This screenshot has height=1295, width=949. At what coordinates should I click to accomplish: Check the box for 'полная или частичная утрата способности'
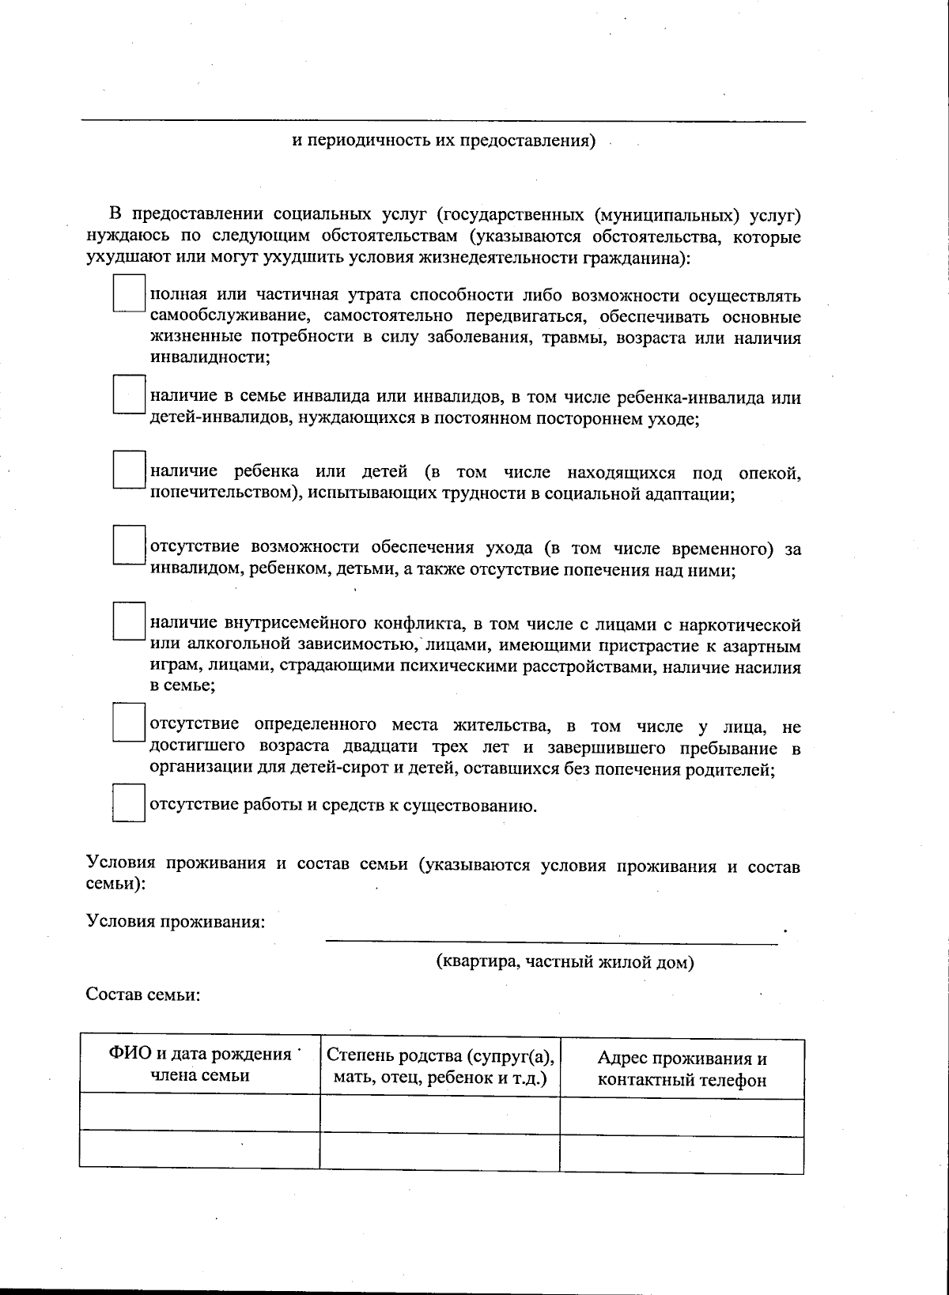pos(128,293)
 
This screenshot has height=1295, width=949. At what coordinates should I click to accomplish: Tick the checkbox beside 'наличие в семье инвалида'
pos(128,395)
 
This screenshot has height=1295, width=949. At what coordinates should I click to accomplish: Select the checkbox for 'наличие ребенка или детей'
pos(128,470)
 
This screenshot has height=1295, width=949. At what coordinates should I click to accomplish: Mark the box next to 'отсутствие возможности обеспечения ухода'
pos(128,545)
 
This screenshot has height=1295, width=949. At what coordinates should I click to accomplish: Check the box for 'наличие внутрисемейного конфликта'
pos(128,621)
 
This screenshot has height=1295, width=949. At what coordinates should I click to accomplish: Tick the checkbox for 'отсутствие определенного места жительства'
pos(128,722)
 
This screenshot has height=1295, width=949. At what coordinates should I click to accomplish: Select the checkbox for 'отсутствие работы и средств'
pos(128,802)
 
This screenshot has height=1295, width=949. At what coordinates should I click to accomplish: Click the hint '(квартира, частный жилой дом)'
pos(565,962)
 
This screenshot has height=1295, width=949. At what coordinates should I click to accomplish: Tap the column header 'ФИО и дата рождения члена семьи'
pos(200,1064)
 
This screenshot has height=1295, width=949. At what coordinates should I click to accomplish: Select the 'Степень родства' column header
pos(440,1067)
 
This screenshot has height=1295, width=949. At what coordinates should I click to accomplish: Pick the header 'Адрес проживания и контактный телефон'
pos(682,1069)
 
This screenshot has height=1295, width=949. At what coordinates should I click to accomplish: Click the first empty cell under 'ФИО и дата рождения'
pos(200,1113)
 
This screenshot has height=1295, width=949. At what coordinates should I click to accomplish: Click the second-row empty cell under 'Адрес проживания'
pos(682,1154)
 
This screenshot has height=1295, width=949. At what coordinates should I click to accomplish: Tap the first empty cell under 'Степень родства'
pos(440,1115)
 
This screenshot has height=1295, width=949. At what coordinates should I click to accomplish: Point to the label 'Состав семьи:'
pos(142,995)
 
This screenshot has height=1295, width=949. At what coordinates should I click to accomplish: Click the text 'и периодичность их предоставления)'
pos(443,142)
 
